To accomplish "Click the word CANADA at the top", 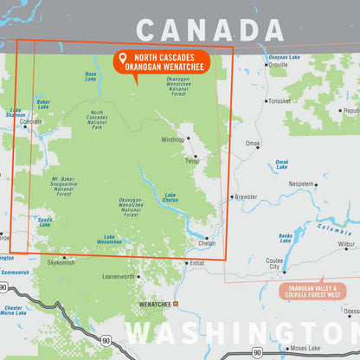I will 198,31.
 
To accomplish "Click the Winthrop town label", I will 172,138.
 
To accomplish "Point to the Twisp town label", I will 191,160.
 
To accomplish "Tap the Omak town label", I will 252,144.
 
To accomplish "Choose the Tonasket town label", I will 280,100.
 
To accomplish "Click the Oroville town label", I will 278,65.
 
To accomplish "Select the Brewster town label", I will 246,196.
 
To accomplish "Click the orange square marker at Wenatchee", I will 175,304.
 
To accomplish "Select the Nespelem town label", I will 301,184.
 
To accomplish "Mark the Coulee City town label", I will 274,264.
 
